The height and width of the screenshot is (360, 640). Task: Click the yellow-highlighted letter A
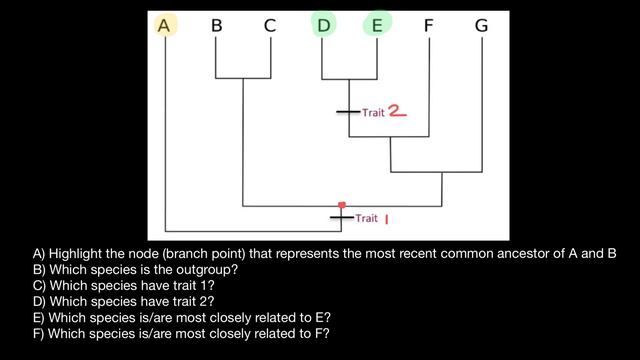pos(165,27)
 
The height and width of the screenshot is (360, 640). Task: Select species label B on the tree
pos(216,27)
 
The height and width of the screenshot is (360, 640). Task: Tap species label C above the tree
pos(269,27)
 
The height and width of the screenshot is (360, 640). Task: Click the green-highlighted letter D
pos(322,27)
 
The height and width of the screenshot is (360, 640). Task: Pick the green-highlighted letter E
pos(376,27)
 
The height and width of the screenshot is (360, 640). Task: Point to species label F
pos(428,27)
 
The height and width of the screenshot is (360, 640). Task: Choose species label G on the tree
pos(481,27)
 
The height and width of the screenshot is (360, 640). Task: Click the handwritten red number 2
pos(397,112)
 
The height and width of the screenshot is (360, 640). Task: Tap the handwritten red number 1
pos(386,217)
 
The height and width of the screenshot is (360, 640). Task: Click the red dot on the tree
pos(342,204)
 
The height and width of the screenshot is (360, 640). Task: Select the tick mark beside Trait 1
pos(342,217)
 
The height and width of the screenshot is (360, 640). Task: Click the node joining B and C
pos(243,78)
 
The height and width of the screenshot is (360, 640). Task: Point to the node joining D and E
pos(348,78)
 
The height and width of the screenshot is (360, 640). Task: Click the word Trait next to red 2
pos(373,113)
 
